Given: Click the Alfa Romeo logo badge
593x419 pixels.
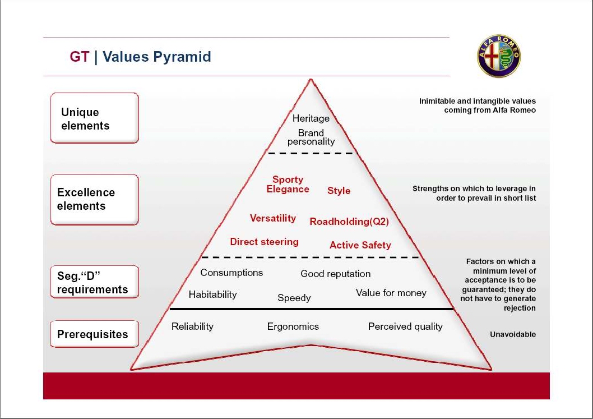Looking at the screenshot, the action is click(498, 56).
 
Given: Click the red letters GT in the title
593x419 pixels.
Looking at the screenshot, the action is click(80, 57).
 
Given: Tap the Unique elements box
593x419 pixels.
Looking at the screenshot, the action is click(95, 118).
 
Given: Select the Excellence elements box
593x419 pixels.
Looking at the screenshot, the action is click(95, 200).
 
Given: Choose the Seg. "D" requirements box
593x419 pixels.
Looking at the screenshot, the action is click(95, 282).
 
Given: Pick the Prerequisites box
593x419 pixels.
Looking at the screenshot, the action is click(95, 334).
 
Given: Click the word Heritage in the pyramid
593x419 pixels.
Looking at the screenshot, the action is click(311, 118).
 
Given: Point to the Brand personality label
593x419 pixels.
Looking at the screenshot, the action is click(311, 137).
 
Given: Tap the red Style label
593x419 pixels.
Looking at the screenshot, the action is click(339, 191).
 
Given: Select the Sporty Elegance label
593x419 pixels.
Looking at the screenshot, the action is click(288, 185).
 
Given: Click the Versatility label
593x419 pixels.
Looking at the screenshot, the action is click(272, 218).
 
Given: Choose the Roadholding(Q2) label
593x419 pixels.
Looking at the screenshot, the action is click(349, 222).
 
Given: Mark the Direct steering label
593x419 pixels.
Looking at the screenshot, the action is click(265, 242).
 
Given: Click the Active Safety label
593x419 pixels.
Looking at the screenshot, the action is click(360, 245).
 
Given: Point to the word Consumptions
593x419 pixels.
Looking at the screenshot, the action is click(231, 273).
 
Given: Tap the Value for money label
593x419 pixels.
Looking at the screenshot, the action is click(391, 293).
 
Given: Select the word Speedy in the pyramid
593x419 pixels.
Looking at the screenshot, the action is click(294, 298).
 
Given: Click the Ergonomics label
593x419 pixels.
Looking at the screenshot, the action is click(293, 326).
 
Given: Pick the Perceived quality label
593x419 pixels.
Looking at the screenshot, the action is click(405, 326).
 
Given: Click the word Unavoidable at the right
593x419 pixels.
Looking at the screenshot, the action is click(513, 334).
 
